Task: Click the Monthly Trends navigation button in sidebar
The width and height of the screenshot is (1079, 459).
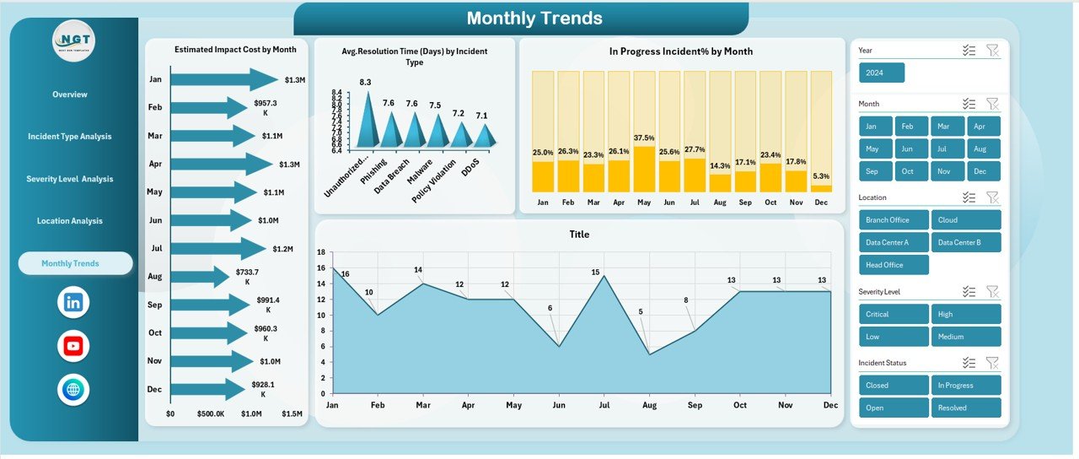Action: point(75,263)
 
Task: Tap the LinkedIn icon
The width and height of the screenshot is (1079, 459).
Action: point(73,302)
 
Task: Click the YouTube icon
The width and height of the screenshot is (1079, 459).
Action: point(73,346)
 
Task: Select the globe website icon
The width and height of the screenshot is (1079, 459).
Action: point(73,390)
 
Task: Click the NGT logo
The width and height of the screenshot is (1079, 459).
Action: point(73,40)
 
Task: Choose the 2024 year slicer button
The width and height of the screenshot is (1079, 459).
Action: point(881,73)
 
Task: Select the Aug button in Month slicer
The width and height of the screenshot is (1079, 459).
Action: point(979,148)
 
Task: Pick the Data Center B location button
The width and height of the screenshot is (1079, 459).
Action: point(966,242)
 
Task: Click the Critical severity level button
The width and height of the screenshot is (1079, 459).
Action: point(894,314)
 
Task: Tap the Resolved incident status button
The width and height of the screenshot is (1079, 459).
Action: point(966,408)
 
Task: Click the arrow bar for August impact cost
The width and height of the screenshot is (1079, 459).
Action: point(200,277)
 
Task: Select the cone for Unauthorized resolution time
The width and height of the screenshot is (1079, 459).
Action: point(367,122)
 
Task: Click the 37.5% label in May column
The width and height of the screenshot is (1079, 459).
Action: point(644,138)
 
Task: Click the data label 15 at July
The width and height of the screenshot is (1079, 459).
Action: point(595,273)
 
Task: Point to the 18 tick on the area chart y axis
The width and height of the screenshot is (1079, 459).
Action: point(320,252)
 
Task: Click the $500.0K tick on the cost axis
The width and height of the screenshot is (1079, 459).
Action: point(210,413)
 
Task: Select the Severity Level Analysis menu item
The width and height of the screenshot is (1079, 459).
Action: point(70,179)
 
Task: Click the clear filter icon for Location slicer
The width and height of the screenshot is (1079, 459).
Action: point(992,197)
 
